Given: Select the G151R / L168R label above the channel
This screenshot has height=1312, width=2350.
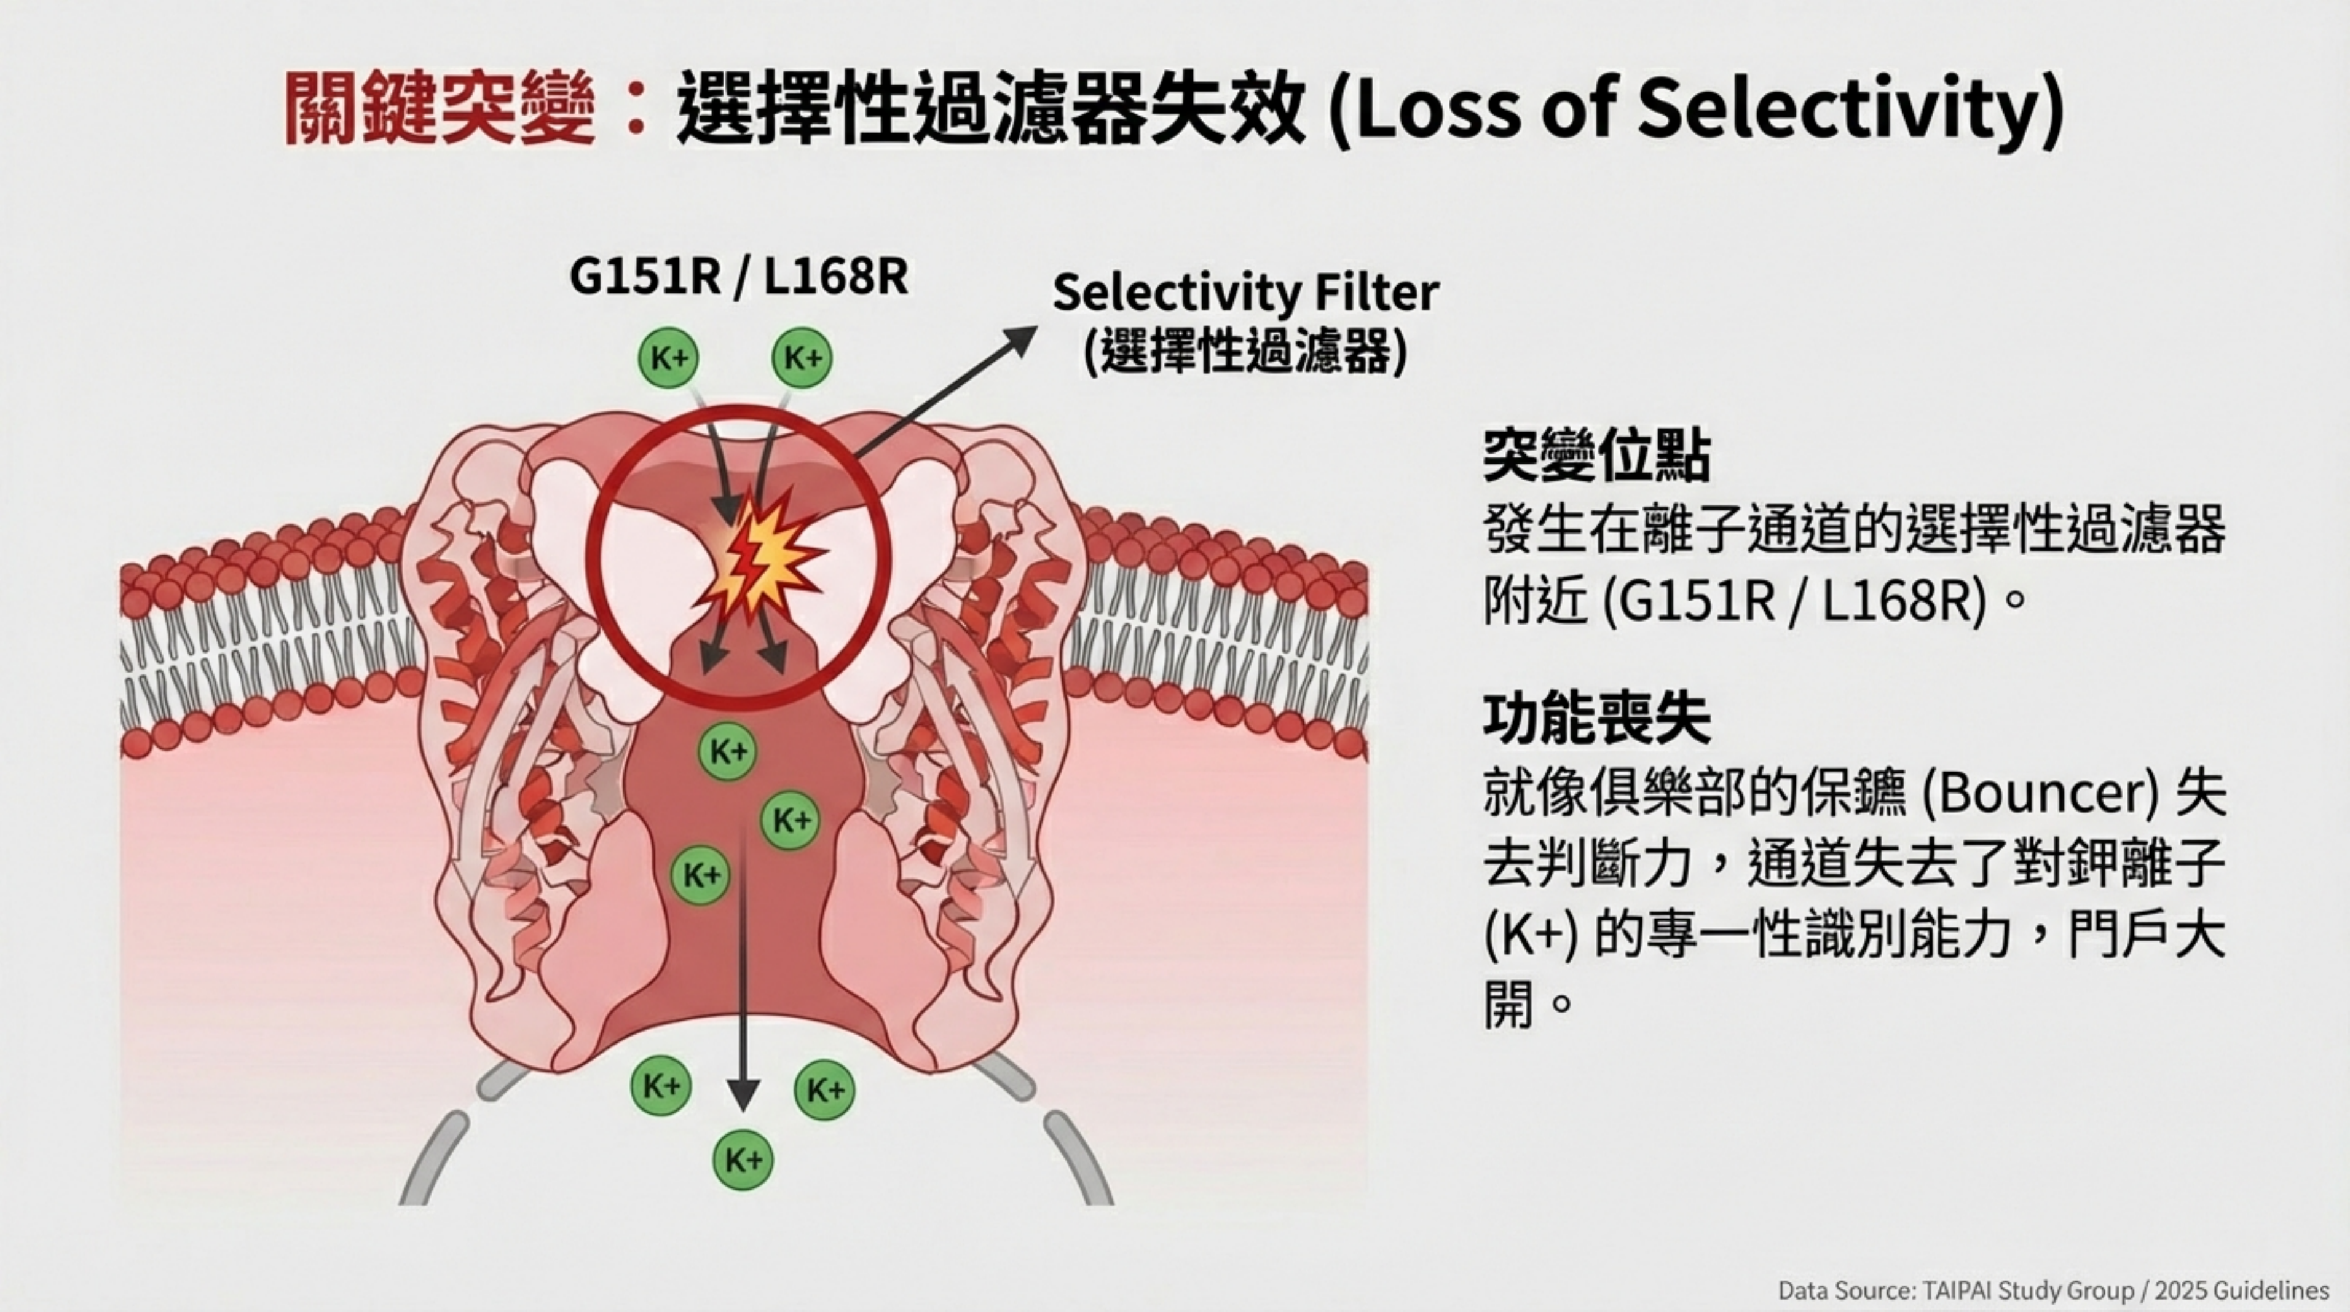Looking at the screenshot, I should point(738,275).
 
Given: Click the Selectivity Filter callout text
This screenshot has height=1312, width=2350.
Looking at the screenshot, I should point(1245,294).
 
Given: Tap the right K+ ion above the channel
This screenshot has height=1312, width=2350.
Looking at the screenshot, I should point(803,358).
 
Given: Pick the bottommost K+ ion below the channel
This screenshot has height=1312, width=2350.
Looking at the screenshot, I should point(743,1161).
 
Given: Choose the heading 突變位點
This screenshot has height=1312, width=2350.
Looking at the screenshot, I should point(1596,456).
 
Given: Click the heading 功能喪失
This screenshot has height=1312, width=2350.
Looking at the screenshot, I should point(1596,719).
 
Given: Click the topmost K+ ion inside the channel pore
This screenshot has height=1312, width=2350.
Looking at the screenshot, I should point(728,752).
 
